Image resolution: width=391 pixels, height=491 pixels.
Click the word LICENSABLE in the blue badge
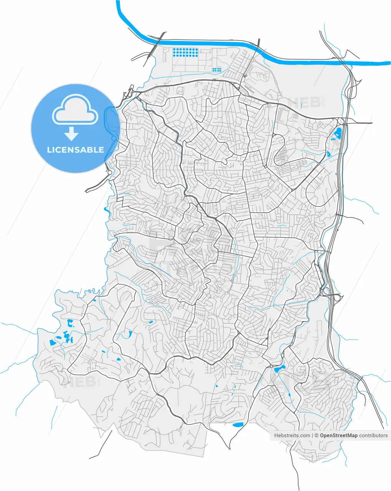click(75, 150)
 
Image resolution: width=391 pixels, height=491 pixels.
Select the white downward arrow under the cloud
click(71, 133)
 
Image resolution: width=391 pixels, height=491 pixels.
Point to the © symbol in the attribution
click(316, 435)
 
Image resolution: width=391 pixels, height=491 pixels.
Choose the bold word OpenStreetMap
click(339, 435)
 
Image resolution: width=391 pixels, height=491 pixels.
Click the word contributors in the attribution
click(373, 435)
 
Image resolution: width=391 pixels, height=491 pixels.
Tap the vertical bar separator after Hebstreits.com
click(313, 435)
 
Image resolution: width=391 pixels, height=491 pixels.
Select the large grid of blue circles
click(186, 52)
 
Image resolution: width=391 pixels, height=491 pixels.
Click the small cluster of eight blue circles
click(217, 69)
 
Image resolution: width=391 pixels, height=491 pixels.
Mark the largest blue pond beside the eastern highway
click(338, 133)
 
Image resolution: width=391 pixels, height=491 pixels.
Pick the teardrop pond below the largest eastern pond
click(329, 154)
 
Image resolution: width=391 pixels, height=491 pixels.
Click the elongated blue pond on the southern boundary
click(238, 425)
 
